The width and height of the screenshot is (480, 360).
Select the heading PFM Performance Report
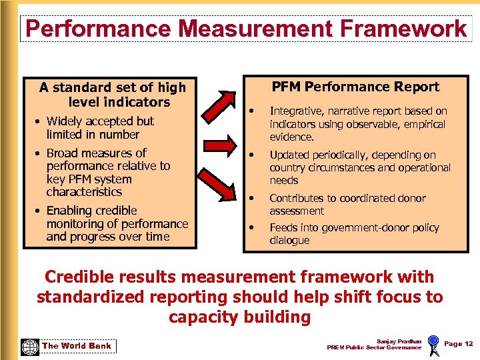355,87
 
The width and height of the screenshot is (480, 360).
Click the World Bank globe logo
30,347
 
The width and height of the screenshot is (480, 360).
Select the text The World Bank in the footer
77,345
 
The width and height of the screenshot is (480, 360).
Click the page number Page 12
458,343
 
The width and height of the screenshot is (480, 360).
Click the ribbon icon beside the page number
433,345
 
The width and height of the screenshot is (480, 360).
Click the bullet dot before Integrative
253,111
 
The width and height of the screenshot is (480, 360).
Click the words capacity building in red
239,317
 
